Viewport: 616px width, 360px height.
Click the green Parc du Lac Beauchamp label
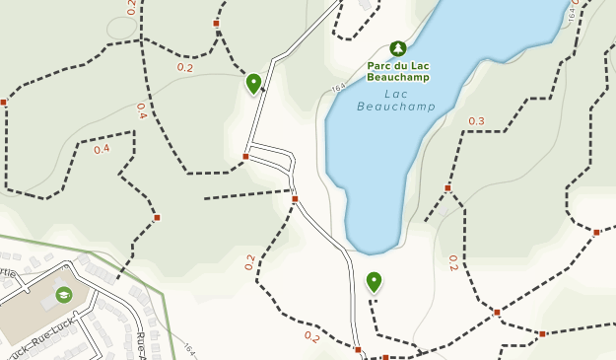click(398, 71)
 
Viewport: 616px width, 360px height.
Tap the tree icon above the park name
click(398, 48)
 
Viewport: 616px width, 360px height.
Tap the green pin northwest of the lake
click(253, 83)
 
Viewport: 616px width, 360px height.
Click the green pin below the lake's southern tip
click(374, 282)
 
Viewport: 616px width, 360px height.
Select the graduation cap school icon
click(64, 294)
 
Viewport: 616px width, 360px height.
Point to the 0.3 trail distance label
click(476, 121)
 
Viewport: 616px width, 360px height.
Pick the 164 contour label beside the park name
click(339, 88)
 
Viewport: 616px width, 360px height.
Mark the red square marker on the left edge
click(4, 102)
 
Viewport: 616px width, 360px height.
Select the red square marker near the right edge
click(596, 233)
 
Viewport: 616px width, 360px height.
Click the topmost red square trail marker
click(216, 23)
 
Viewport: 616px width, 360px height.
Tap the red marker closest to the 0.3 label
click(447, 187)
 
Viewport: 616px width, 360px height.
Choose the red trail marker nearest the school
click(157, 217)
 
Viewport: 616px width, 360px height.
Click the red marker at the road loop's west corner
click(245, 156)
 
